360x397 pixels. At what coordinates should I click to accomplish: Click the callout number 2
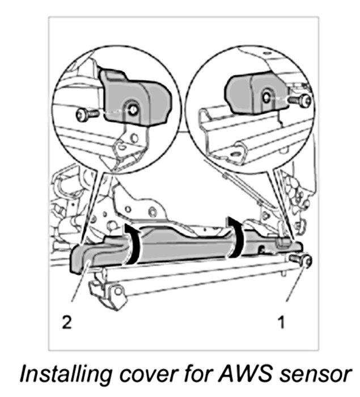[67, 322]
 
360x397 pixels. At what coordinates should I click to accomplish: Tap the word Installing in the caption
[61, 374]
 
